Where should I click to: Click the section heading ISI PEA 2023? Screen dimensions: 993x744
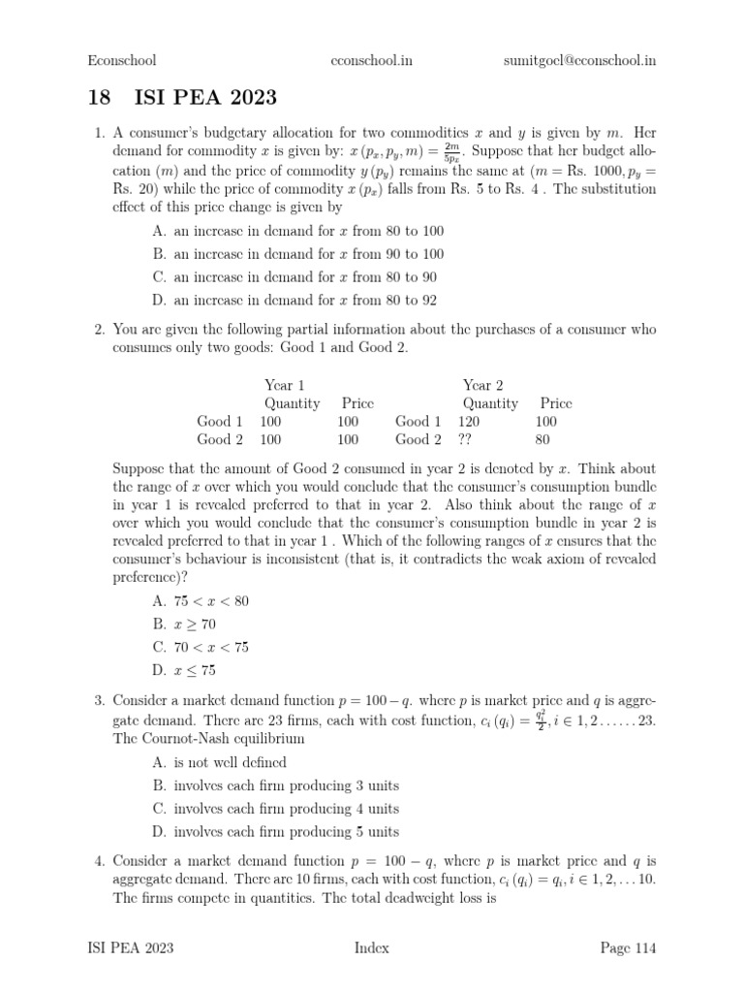coord(182,97)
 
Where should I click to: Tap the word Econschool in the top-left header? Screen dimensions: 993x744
coord(121,60)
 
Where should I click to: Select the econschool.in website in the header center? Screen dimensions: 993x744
coord(372,60)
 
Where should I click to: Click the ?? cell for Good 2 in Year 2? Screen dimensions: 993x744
coord(470,439)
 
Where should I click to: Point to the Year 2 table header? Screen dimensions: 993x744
coord(482,385)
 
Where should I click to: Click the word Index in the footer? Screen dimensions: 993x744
coord(372,947)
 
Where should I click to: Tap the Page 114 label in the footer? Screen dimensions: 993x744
coord(624,947)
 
